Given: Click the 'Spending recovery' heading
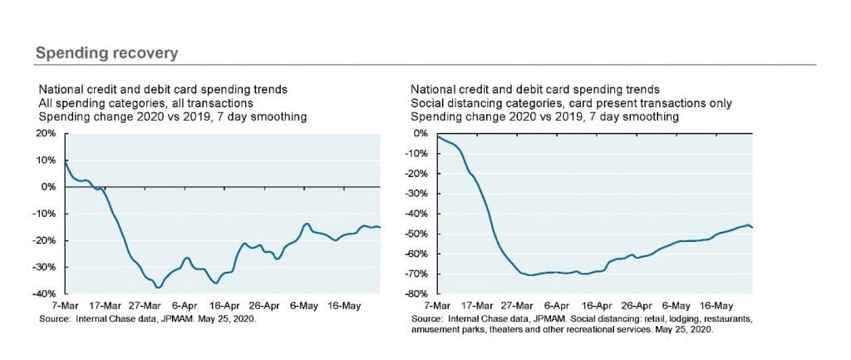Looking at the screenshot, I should click(106, 53).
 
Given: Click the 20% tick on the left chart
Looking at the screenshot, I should click(47, 133).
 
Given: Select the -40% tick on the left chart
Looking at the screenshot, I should click(45, 294).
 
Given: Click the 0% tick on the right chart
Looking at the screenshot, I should click(420, 133).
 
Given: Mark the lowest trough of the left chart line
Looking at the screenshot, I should click(158, 287).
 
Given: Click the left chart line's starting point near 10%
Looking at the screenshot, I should click(64, 160).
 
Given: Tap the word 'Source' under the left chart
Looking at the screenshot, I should click(55, 318).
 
